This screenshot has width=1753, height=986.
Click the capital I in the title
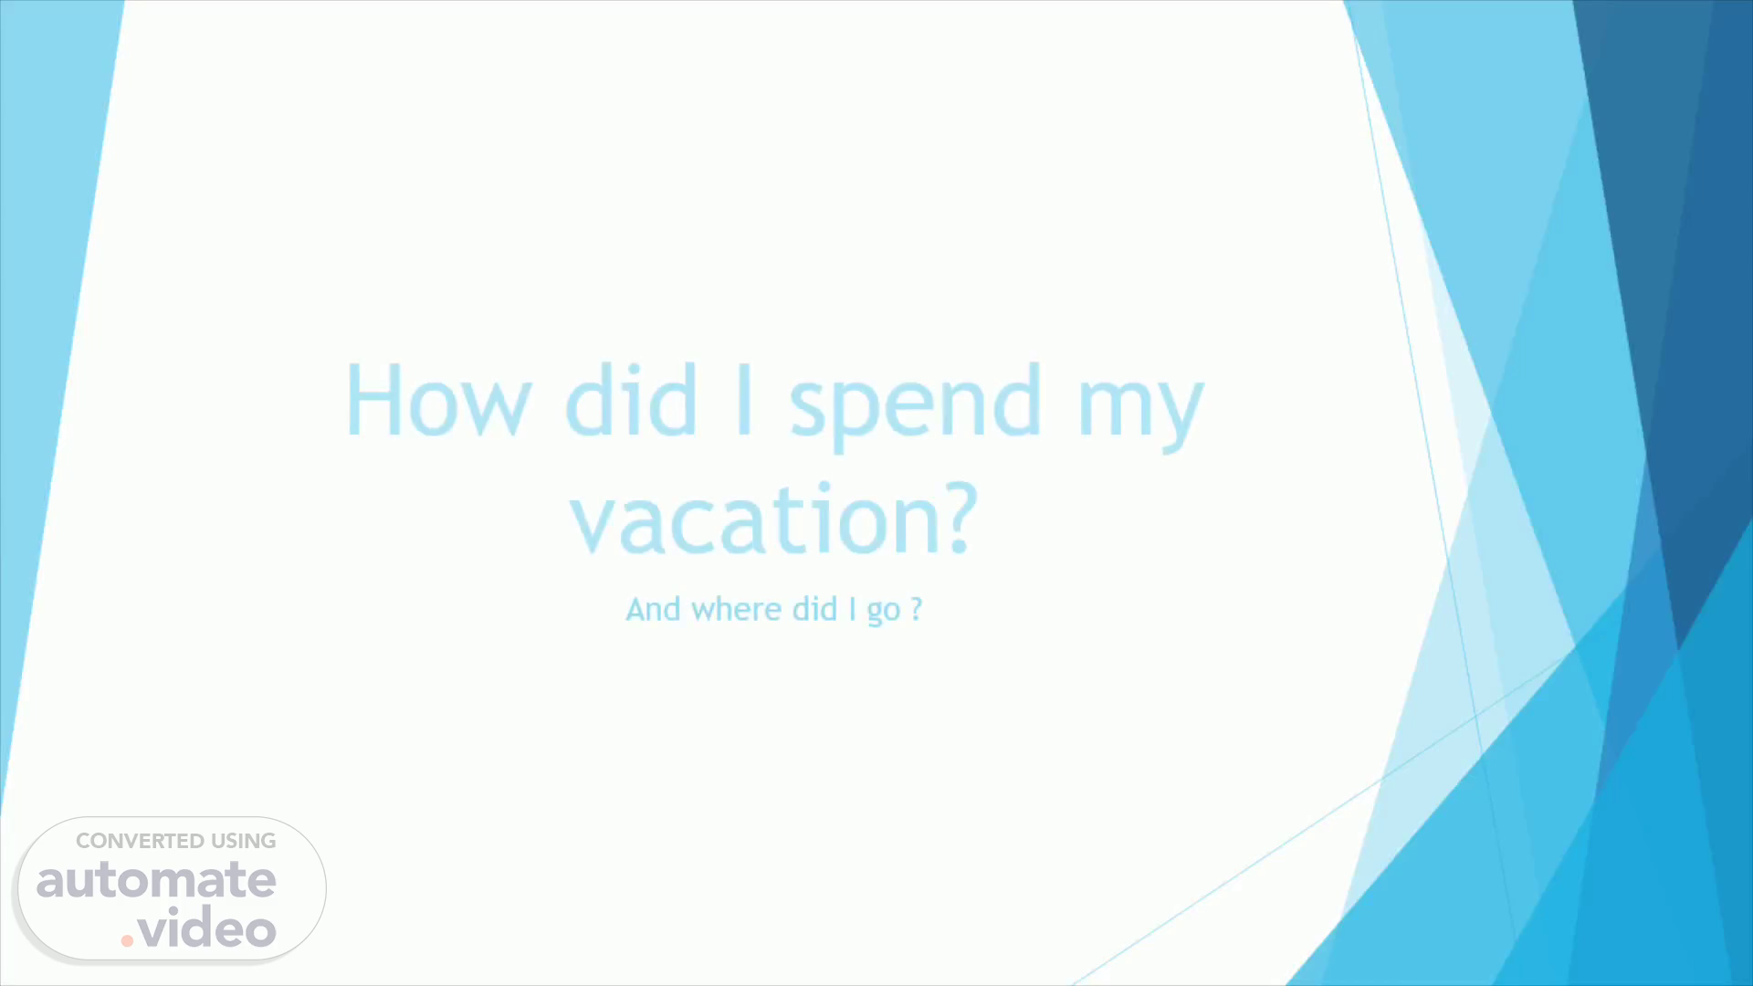point(744,400)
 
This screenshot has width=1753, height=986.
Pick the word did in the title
point(632,399)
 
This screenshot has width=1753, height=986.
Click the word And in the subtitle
point(653,609)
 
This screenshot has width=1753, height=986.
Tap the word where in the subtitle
point(737,609)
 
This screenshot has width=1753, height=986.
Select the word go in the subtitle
point(884,612)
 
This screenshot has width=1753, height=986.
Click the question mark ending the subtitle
point(917,609)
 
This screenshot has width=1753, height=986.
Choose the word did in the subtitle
point(814,609)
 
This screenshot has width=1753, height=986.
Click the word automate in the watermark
point(156,880)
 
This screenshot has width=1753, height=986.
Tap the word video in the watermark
point(207,928)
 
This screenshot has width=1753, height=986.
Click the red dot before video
point(127,940)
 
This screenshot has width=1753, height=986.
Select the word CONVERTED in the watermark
point(140,841)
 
